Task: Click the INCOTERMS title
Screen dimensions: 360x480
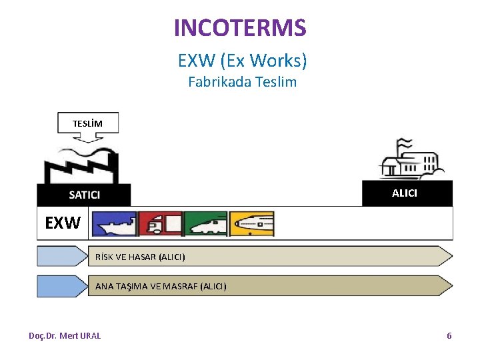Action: coord(240,28)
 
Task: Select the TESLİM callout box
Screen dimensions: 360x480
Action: coord(87,123)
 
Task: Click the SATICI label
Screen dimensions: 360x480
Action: coord(85,195)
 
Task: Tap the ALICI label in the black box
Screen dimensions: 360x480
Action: coord(405,193)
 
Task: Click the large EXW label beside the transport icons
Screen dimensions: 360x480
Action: coord(62,223)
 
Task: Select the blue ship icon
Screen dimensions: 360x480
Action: coord(113,224)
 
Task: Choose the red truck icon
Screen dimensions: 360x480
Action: coord(160,224)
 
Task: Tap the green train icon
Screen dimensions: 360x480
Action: coord(206,224)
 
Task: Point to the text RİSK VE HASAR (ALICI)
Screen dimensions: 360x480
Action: coord(140,257)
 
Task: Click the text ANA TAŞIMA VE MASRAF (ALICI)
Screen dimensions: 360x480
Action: coord(161,286)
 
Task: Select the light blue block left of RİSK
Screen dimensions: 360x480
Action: coord(62,257)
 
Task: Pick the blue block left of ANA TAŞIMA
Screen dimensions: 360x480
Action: coord(62,286)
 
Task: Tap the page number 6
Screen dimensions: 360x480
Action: coord(449,335)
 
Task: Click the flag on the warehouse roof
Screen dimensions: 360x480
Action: coord(404,144)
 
